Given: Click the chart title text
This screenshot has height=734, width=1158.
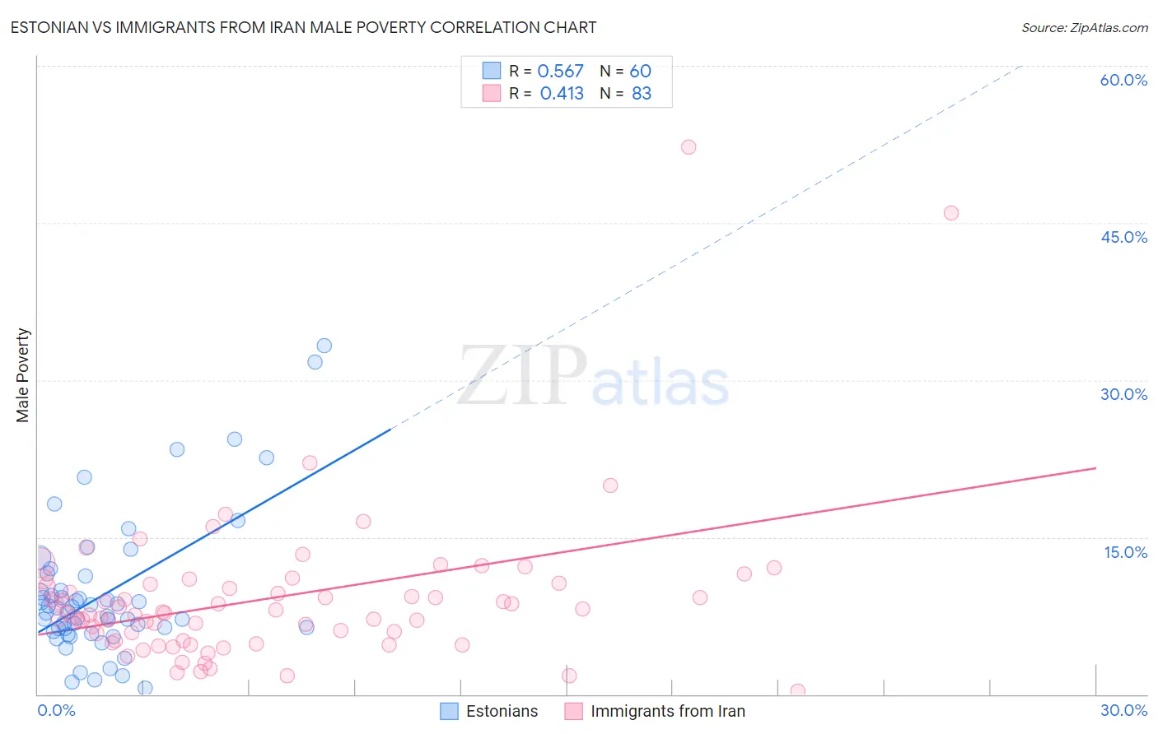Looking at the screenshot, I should [x=303, y=27].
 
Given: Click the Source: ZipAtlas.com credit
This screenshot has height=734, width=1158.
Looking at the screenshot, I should [x=1084, y=27].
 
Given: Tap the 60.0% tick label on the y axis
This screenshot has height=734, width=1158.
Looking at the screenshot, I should [x=1123, y=80].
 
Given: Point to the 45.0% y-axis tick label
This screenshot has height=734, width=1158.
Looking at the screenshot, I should [x=1123, y=237].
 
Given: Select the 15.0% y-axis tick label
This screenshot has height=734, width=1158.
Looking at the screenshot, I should [x=1125, y=552].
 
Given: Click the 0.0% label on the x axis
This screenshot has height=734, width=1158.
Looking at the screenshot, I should [x=56, y=710].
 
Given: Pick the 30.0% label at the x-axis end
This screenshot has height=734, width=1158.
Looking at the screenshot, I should [x=1123, y=710].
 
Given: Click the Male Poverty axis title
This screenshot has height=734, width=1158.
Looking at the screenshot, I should [x=23, y=375].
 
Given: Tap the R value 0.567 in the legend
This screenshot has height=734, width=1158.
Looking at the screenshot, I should [x=560, y=71].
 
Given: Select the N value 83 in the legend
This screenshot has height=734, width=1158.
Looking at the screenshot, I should [x=641, y=94].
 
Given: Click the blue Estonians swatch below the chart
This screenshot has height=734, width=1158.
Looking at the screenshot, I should [x=449, y=711].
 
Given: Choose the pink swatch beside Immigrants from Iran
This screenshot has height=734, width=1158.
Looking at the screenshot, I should [x=574, y=711].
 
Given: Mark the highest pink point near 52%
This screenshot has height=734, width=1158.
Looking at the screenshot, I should [x=689, y=146].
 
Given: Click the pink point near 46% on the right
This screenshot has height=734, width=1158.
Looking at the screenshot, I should [x=951, y=212].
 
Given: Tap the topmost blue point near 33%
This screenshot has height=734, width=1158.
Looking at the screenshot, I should [x=325, y=346].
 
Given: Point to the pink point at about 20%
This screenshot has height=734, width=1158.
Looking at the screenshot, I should [x=610, y=485].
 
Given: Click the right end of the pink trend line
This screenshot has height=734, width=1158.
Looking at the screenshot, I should [x=1095, y=468].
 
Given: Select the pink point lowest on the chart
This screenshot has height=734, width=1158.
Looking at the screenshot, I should [x=797, y=691].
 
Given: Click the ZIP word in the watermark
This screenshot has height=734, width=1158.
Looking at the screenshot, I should [x=522, y=375].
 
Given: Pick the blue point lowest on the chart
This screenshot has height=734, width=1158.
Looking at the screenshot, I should [x=145, y=688].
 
